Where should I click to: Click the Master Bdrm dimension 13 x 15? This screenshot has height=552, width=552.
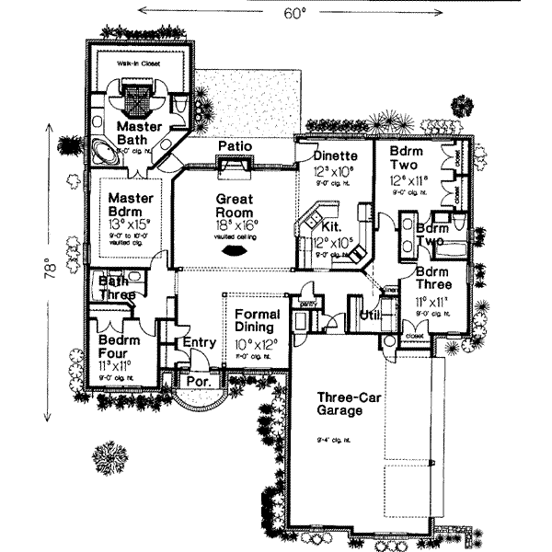(x=130, y=221)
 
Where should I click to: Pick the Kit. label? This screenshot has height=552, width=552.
(x=333, y=224)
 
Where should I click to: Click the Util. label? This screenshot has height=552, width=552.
(x=370, y=315)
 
